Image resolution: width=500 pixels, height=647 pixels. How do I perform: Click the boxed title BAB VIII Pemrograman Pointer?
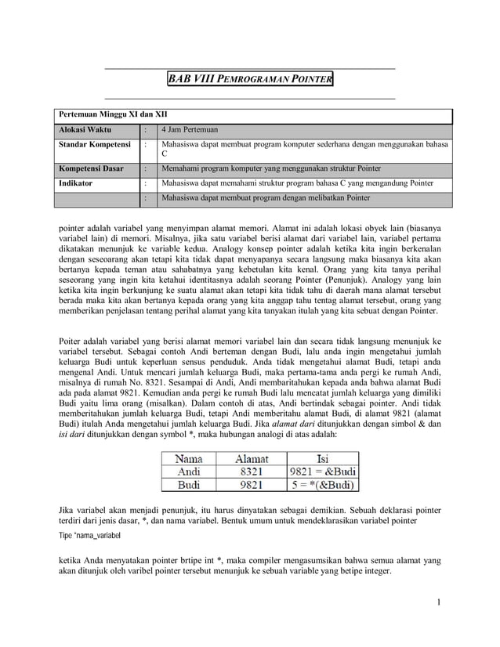pyautogui.click(x=250, y=80)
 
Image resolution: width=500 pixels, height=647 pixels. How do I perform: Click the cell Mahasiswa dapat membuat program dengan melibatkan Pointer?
pyautogui.click(x=264, y=198)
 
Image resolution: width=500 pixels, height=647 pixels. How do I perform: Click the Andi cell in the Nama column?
pyautogui.click(x=189, y=472)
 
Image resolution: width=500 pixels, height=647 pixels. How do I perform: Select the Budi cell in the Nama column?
pyautogui.click(x=189, y=486)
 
